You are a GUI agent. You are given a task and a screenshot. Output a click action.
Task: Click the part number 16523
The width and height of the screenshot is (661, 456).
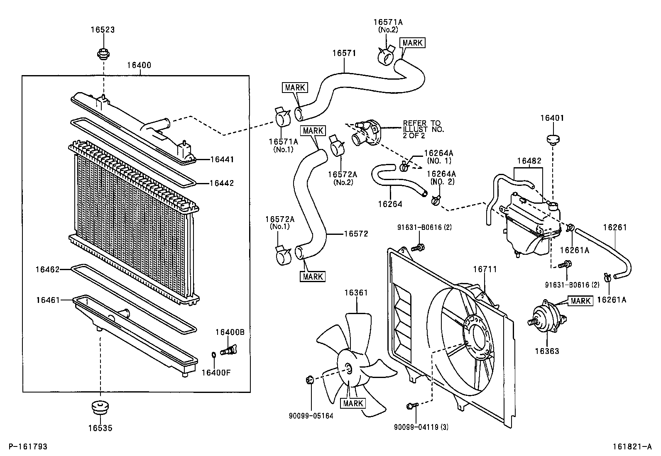(x=103, y=30)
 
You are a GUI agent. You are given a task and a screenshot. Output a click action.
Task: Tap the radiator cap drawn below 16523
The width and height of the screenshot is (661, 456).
(x=103, y=54)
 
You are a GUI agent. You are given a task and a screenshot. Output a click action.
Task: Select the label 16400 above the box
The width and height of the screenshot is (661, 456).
(x=139, y=65)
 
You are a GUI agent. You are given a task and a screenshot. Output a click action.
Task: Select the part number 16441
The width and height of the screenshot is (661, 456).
(x=222, y=159)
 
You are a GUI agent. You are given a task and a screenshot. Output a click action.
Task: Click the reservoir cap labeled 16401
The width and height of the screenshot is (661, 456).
(x=552, y=140)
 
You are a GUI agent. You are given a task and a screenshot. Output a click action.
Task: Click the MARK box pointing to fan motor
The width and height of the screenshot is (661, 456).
(x=580, y=301)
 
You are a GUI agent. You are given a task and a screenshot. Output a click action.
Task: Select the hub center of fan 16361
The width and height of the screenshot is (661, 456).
(x=348, y=368)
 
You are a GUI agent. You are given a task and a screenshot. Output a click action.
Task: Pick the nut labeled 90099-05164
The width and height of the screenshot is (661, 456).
(x=309, y=379)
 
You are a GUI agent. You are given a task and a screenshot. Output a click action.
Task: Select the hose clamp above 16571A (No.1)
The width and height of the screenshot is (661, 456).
(x=284, y=117)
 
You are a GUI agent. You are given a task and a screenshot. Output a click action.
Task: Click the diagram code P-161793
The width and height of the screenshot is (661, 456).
(x=28, y=447)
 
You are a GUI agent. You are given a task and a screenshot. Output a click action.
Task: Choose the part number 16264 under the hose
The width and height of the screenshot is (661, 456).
(x=390, y=204)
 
